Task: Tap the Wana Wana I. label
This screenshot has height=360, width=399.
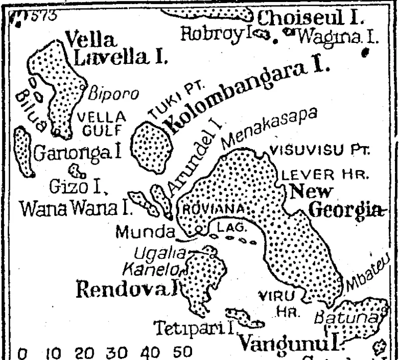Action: coord(73,208)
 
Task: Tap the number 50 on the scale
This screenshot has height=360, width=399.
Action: coord(183,352)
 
